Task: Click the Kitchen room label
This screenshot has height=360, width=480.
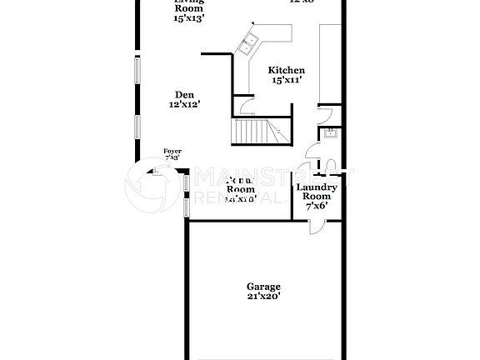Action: [x=287, y=71]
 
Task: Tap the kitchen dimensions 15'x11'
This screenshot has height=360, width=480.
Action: [x=287, y=81]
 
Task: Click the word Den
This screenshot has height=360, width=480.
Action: [x=185, y=94]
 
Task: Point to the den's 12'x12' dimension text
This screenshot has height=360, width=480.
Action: [x=185, y=105]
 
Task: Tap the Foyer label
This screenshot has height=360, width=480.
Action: [x=172, y=151]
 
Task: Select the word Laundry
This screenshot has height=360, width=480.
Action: [x=317, y=187]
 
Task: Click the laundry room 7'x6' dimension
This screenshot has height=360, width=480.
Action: [x=317, y=205]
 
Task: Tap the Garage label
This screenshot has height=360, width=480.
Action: [x=263, y=285]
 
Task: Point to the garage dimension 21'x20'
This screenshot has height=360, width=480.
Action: [x=263, y=295]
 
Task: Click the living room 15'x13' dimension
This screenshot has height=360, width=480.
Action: [x=189, y=17]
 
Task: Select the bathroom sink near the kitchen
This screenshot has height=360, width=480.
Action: [x=330, y=133]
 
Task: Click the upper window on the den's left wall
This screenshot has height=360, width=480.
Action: [x=137, y=71]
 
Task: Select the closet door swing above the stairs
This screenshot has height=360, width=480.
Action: [x=242, y=106]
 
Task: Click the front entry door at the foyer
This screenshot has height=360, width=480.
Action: [x=157, y=173]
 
